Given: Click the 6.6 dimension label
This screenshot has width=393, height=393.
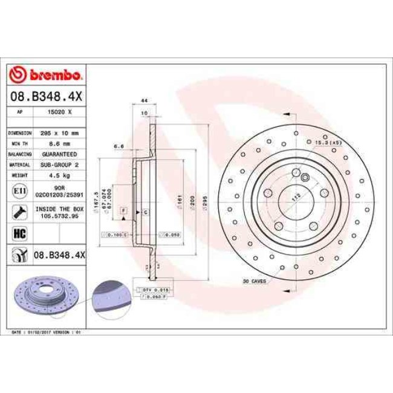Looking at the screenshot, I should click(x=119, y=146).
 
